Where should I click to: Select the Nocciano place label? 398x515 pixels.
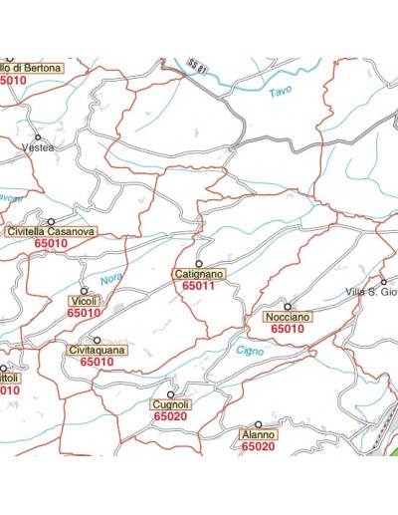pyautogui.click(x=288, y=317)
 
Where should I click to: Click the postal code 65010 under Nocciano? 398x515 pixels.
pyautogui.click(x=288, y=329)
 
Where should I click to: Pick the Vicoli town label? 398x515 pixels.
pyautogui.click(x=84, y=301)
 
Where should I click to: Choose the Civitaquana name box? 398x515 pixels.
pyautogui.click(x=97, y=351)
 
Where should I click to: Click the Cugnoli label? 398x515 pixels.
pyautogui.click(x=171, y=404)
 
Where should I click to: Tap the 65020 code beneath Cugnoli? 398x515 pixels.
pyautogui.click(x=171, y=416)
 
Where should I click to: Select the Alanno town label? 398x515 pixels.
pyautogui.click(x=258, y=435)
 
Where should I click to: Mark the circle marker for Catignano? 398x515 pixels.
pyautogui.click(x=199, y=263)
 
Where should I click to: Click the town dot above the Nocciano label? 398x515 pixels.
pyautogui.click(x=288, y=306)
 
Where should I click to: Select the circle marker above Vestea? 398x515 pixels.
pyautogui.click(x=38, y=136)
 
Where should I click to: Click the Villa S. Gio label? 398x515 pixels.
pyautogui.click(x=370, y=291)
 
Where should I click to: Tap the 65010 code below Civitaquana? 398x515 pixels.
pyautogui.click(x=97, y=363)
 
